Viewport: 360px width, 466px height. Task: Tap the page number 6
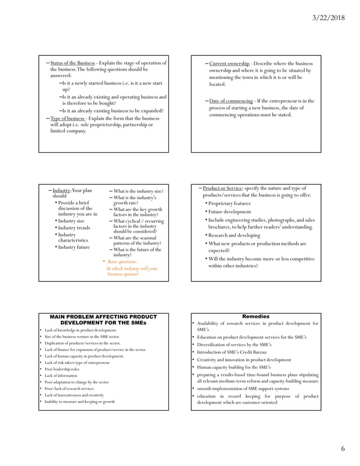(x=343, y=449)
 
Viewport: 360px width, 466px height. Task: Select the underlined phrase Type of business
(x=68, y=118)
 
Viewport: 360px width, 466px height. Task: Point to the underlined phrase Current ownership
(x=229, y=63)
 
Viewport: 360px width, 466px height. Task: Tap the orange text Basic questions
(x=122, y=262)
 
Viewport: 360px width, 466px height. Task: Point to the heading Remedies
(x=256, y=316)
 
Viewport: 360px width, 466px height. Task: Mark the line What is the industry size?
(x=138, y=191)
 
